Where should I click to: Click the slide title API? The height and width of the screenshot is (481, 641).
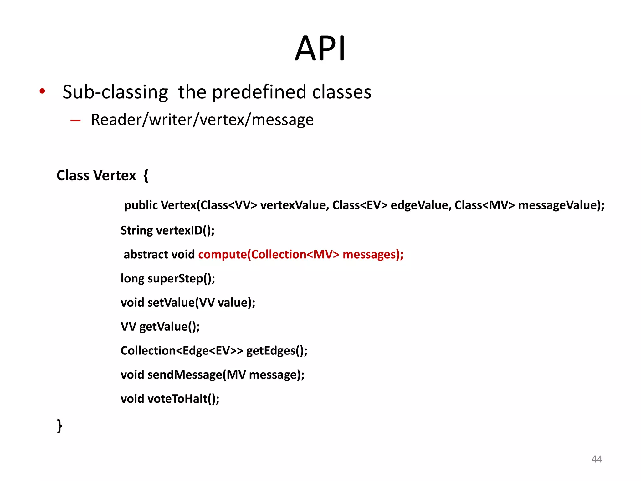(x=320, y=49)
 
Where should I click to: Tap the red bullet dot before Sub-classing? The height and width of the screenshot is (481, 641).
(x=42, y=91)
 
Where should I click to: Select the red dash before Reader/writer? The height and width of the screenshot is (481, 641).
(x=75, y=120)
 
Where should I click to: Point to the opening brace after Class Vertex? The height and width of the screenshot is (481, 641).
(x=146, y=175)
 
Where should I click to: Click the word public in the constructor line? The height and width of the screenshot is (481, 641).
(x=141, y=205)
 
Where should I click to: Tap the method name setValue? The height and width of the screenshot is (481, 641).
(x=171, y=303)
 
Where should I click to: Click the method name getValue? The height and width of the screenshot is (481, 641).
(x=163, y=327)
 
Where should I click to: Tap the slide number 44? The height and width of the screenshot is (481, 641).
(x=597, y=459)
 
